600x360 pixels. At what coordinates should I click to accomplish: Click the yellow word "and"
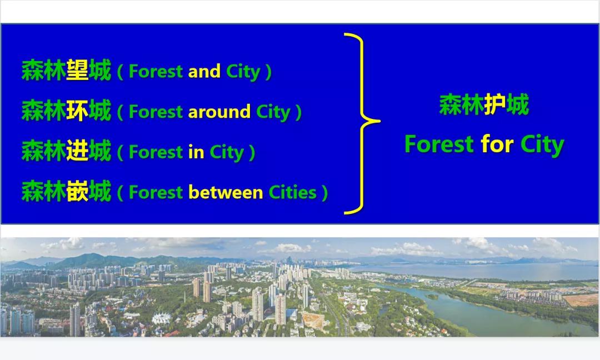(204, 71)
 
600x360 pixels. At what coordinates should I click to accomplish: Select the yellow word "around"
(219, 112)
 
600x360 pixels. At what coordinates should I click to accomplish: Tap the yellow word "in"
(196, 152)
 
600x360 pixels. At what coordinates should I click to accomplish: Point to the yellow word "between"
(226, 192)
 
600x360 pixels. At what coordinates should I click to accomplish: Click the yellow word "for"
(497, 144)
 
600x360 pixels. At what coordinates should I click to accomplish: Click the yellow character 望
(78, 70)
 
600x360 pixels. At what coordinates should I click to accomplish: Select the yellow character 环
(78, 110)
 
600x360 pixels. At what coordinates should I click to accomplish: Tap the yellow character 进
(78, 151)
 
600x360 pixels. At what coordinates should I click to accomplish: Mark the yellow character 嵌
(78, 191)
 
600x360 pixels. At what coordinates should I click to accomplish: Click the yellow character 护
(495, 104)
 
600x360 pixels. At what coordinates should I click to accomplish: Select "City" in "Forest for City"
(542, 146)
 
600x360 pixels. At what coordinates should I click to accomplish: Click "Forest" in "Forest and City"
(156, 71)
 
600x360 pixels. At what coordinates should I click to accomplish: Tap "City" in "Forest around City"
(273, 112)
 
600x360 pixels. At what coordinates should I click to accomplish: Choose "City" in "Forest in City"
(227, 153)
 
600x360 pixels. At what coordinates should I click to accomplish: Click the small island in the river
(432, 296)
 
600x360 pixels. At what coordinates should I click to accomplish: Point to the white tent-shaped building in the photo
(162, 318)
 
